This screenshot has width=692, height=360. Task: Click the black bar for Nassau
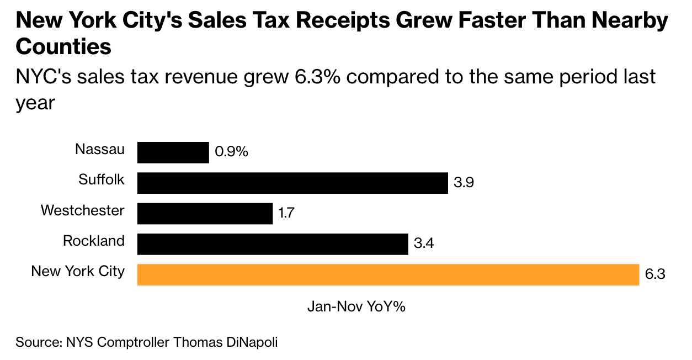click(173, 152)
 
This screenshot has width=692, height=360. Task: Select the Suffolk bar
click(292, 183)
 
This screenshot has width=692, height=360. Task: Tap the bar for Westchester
click(205, 213)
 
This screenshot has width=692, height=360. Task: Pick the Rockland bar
click(272, 243)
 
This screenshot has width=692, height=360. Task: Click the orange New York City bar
click(387, 274)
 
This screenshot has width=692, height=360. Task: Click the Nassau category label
click(100, 150)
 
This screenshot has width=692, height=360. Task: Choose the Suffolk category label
click(102, 179)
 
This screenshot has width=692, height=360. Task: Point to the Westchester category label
click(83, 210)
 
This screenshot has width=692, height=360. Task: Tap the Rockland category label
click(94, 241)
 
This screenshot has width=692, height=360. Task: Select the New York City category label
click(78, 271)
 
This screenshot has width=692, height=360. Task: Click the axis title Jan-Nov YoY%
click(356, 307)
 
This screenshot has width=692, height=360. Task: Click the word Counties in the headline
click(63, 47)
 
